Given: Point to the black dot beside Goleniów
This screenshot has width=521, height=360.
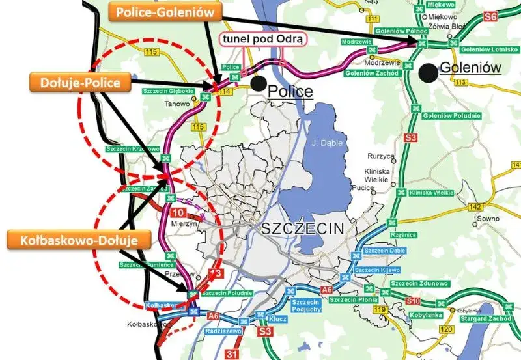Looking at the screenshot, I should pos(428,71).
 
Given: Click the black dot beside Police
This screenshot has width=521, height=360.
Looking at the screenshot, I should pos(259,83).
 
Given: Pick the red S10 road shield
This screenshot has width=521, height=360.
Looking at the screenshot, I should pos(413,301).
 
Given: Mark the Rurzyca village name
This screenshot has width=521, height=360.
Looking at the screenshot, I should pos(382,157).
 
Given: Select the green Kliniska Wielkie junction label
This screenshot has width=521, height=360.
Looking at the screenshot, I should pos(431,193).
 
